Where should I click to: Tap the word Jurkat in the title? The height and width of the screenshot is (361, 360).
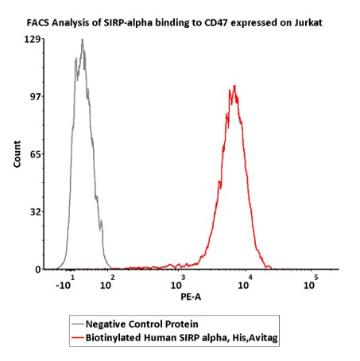pyautogui.click(x=308, y=23)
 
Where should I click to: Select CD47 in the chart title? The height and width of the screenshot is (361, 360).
pyautogui.click(x=216, y=23)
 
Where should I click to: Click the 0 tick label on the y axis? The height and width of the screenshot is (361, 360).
pyautogui.click(x=38, y=270)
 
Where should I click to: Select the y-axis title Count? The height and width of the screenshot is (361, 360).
pyautogui.click(x=17, y=154)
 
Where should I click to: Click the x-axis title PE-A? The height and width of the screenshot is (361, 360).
pyautogui.click(x=191, y=297)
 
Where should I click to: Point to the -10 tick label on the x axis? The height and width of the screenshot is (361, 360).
pyautogui.click(x=65, y=283)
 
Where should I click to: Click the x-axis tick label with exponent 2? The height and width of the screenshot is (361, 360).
pyautogui.click(x=107, y=283)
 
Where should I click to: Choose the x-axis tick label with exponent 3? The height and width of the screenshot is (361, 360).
pyautogui.click(x=178, y=283)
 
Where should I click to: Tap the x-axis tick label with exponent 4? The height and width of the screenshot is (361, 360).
pyautogui.click(x=245, y=283)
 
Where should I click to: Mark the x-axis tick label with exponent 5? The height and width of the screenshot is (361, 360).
pyautogui.click(x=311, y=283)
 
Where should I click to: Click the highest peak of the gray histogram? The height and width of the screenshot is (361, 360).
pyautogui.click(x=83, y=39)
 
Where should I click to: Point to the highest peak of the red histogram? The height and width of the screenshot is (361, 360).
pyautogui.click(x=234, y=85)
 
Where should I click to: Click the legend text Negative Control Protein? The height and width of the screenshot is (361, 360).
pyautogui.click(x=141, y=324)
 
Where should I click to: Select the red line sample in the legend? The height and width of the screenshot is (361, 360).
pyautogui.click(x=78, y=338)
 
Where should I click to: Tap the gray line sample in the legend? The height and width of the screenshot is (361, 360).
pyautogui.click(x=78, y=324)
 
